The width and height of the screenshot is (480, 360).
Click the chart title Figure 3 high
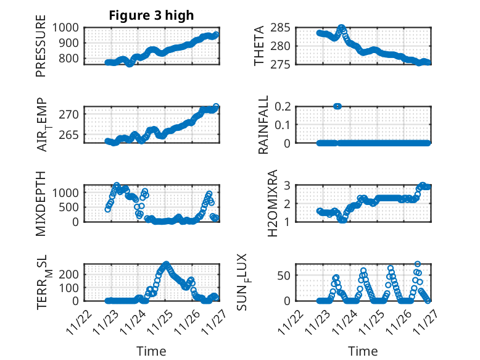(x=151, y=15)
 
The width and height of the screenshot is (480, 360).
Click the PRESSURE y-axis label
(x=41, y=50)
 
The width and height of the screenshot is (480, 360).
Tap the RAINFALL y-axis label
(x=263, y=125)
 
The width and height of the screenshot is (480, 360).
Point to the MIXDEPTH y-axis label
(x=41, y=203)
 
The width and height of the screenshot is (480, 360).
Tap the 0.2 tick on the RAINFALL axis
(x=281, y=106)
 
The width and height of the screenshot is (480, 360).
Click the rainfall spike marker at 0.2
(x=337, y=106)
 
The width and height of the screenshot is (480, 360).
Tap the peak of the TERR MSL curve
(x=165, y=264)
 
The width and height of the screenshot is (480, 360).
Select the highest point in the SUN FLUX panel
(x=418, y=264)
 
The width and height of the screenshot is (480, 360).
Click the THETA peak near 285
(x=341, y=28)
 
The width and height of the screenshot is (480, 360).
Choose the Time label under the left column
(x=151, y=351)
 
